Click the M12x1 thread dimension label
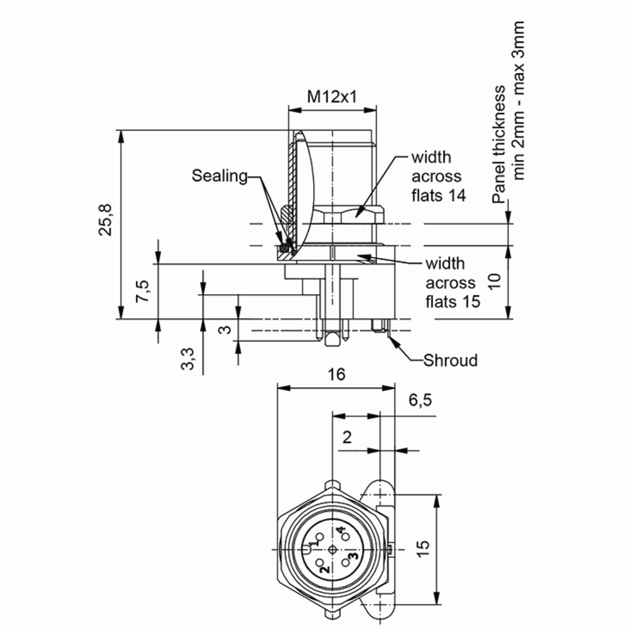pyautogui.click(x=332, y=97)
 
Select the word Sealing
pyautogui.click(x=219, y=176)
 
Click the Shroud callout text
pyautogui.click(x=450, y=360)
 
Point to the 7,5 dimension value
pyautogui.click(x=143, y=291)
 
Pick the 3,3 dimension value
pyautogui.click(x=187, y=359)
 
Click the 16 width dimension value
pyautogui.click(x=336, y=374)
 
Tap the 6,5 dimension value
pyautogui.click(x=420, y=400)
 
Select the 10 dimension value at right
pyautogui.click(x=495, y=281)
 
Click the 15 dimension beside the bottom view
pyautogui.click(x=423, y=549)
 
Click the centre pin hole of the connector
pyautogui.click(x=332, y=550)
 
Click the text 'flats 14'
pyautogui.click(x=439, y=196)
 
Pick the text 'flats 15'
pyautogui.click(x=453, y=302)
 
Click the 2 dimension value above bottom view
pyautogui.click(x=347, y=437)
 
